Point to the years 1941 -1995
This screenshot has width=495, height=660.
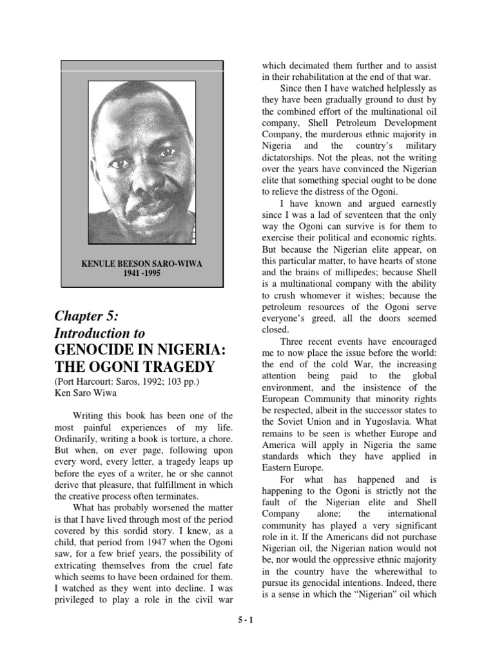(142, 273)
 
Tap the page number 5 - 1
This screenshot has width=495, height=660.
(247, 636)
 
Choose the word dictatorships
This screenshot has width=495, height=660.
(292, 156)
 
